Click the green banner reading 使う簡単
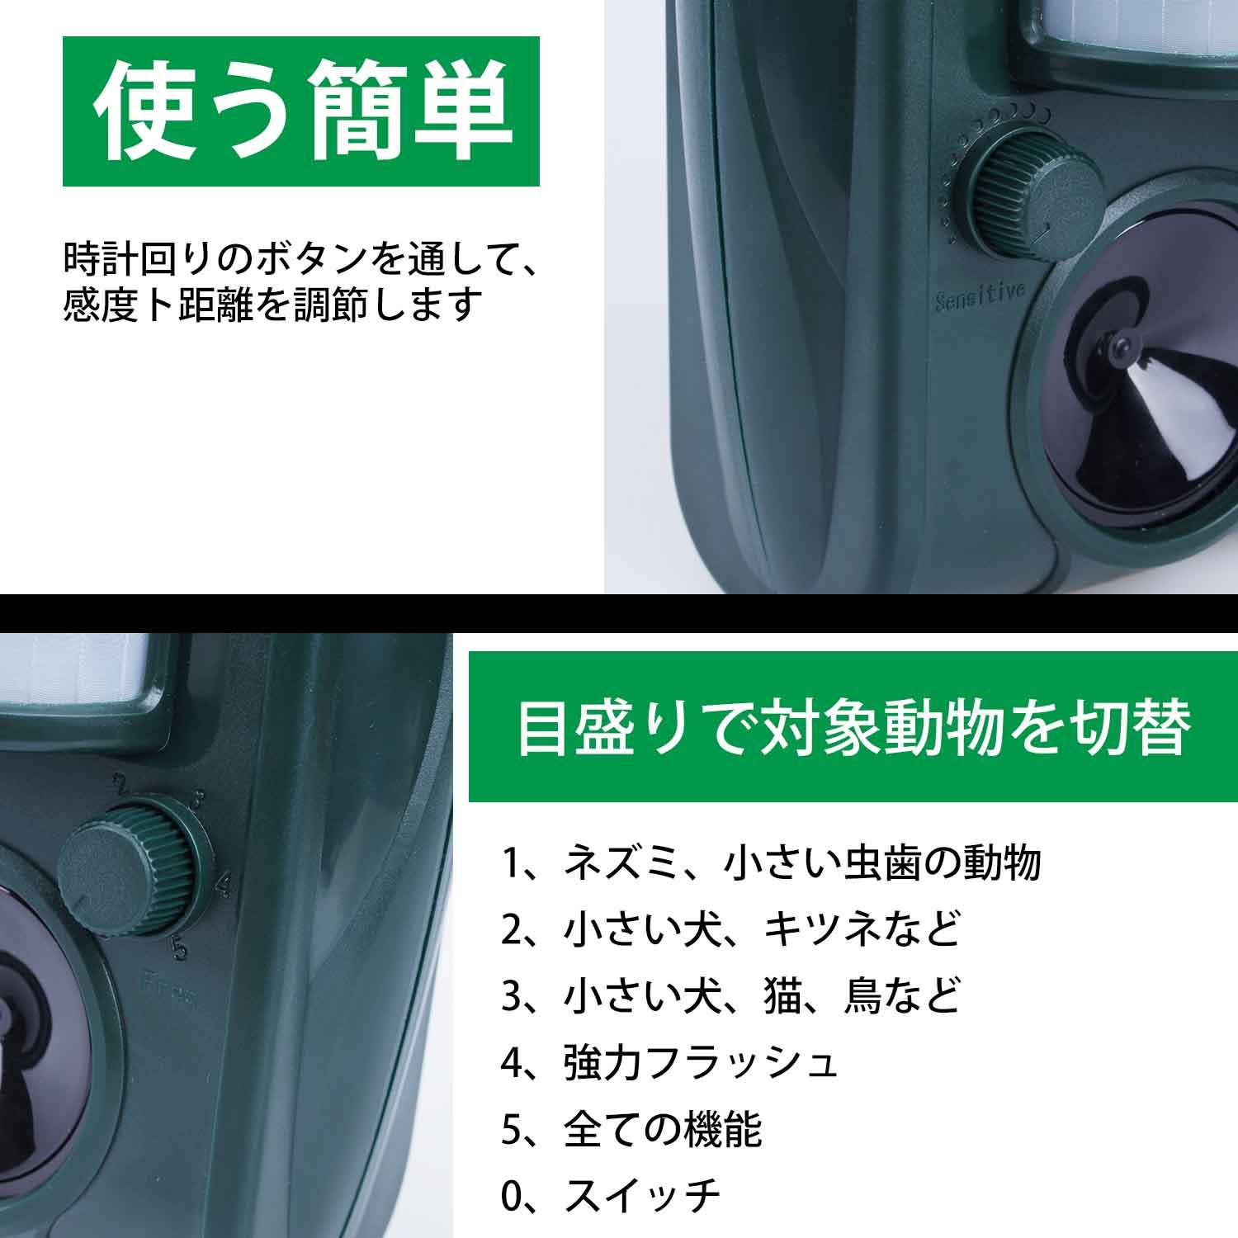click(x=301, y=111)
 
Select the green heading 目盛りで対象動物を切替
click(x=853, y=727)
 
